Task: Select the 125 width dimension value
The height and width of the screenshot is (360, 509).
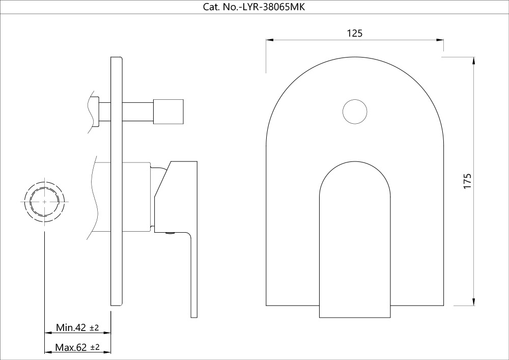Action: click(354, 33)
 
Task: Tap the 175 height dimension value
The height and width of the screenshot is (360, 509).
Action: click(468, 182)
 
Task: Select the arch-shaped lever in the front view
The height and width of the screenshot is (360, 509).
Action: click(355, 239)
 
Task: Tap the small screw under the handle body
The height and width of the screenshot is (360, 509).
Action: click(170, 234)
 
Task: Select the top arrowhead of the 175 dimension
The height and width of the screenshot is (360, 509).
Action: click(474, 61)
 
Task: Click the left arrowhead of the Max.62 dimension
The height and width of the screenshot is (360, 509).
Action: click(48, 353)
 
